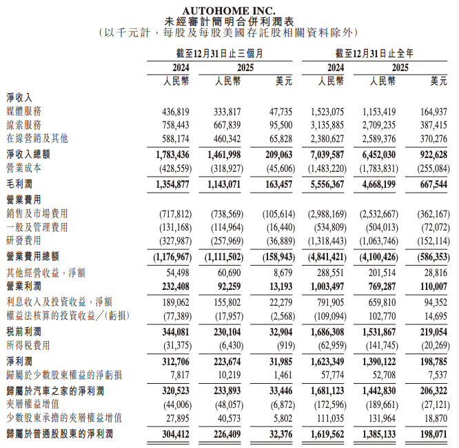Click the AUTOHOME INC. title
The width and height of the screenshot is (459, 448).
click(x=229, y=10)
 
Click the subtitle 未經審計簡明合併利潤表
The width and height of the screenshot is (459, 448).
click(x=229, y=21)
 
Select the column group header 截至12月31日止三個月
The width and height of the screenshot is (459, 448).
click(x=219, y=53)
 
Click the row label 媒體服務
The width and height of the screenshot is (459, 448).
click(x=24, y=112)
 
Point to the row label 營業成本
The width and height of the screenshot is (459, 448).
click(x=24, y=168)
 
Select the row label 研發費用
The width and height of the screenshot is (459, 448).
click(x=24, y=240)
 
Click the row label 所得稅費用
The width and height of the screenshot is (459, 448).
click(x=28, y=346)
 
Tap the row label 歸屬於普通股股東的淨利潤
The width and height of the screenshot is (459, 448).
click(x=59, y=434)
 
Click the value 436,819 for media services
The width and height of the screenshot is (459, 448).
click(x=175, y=112)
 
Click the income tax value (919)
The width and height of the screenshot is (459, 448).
click(x=282, y=346)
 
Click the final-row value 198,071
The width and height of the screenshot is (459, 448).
click(x=433, y=434)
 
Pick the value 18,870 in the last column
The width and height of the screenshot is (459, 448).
click(x=436, y=418)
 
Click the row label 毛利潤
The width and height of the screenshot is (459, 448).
click(x=19, y=184)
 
